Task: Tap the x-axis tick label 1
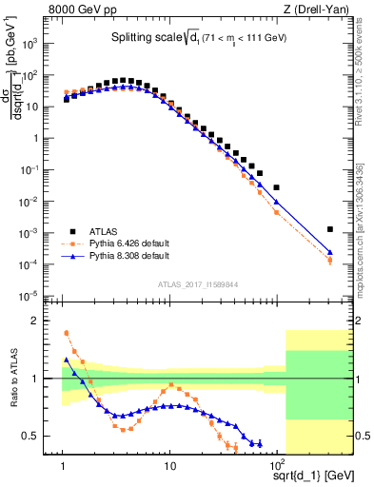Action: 64,466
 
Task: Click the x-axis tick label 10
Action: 170,466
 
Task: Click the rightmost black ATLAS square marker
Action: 330,229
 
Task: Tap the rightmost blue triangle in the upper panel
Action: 330,253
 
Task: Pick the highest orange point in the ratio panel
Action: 66,333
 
